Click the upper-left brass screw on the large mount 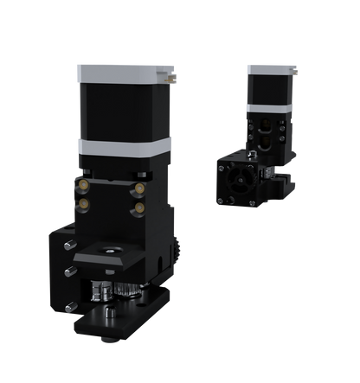click(85, 184)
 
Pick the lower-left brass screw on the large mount click(85, 203)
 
